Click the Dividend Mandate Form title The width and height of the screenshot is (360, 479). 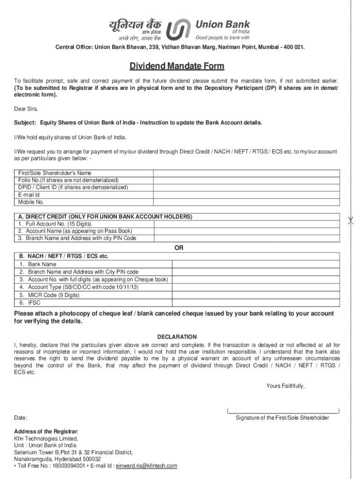(x=170, y=66)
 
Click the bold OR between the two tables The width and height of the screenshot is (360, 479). (x=179, y=248)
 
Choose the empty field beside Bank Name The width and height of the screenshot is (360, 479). (x=257, y=264)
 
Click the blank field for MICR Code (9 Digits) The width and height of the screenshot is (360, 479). (x=257, y=295)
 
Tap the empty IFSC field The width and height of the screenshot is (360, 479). (x=257, y=303)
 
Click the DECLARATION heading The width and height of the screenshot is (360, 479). (x=177, y=337)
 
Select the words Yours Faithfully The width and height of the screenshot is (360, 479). (x=285, y=386)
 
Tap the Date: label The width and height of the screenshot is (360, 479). (x=21, y=418)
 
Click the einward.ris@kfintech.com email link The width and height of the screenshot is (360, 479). (x=146, y=466)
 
